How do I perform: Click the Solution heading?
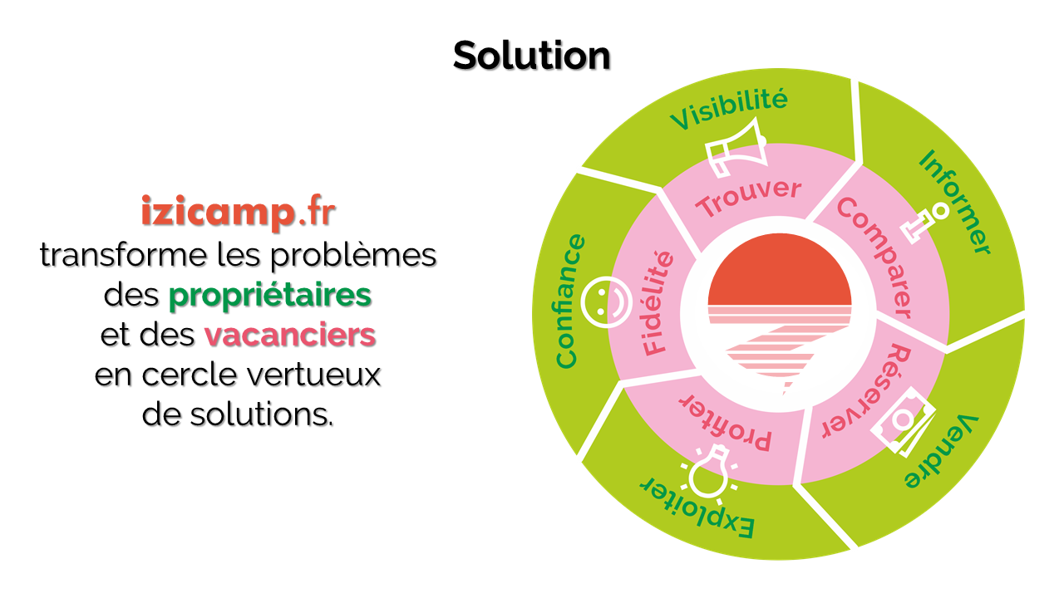coord(531,56)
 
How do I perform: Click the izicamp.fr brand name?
coord(239,212)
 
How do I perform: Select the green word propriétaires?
coord(270,297)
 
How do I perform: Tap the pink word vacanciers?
coord(290,335)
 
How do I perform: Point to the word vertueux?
coord(314,375)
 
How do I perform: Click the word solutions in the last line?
coord(259,414)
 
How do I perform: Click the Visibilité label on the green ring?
coord(729,109)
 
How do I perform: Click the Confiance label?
coord(570,301)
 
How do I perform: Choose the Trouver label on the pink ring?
coord(749,198)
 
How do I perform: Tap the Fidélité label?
coord(658,303)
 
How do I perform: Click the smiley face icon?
coord(607,302)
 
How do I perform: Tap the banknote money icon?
coord(904,421)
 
